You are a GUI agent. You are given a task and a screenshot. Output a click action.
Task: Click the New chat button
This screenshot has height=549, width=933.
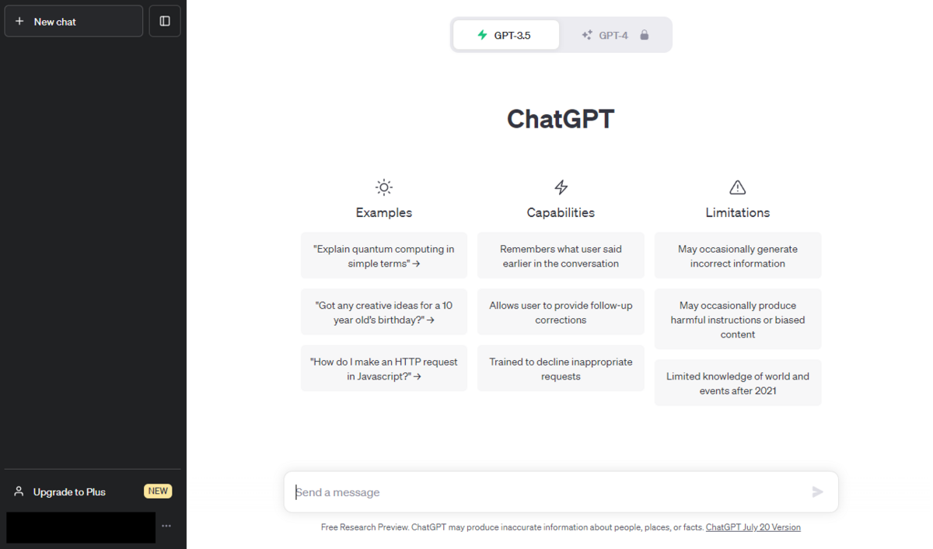tap(73, 21)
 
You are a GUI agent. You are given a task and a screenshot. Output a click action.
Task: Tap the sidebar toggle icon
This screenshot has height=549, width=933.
tap(165, 21)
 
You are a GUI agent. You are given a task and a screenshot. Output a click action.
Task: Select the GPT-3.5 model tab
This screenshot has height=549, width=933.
tap(506, 35)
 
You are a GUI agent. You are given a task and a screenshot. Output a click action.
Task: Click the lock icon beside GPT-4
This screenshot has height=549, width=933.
tap(645, 35)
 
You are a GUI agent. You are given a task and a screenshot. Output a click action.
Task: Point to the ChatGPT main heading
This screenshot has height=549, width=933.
tap(561, 119)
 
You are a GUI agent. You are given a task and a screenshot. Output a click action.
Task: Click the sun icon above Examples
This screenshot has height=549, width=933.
tap(383, 187)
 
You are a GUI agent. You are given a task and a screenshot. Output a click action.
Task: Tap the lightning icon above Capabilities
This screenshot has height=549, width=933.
tap(561, 187)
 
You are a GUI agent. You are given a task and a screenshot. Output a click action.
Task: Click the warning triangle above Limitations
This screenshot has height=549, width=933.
tap(738, 187)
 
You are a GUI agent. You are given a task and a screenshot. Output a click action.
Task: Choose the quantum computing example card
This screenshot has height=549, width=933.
tap(384, 256)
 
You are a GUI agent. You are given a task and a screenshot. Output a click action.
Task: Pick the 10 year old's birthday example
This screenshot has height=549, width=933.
tap(384, 312)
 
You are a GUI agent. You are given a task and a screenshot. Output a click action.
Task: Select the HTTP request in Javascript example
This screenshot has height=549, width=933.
tap(384, 369)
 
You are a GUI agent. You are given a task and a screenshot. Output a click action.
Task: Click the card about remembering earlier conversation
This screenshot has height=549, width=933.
tap(561, 256)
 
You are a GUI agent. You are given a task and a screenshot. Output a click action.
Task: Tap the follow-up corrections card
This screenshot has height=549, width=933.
tap(561, 312)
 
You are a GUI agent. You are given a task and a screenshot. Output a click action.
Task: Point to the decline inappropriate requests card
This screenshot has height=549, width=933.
tap(561, 369)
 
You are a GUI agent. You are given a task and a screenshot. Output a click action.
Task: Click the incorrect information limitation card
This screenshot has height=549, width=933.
tap(738, 256)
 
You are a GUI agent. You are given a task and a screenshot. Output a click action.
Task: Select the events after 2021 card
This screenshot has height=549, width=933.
tap(738, 383)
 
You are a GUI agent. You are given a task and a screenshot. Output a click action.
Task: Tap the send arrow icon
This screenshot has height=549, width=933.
tap(818, 492)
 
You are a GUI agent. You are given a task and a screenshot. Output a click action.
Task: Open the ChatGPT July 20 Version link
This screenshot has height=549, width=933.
tap(753, 527)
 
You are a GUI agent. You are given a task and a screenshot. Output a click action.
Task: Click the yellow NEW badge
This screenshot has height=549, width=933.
tap(158, 491)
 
